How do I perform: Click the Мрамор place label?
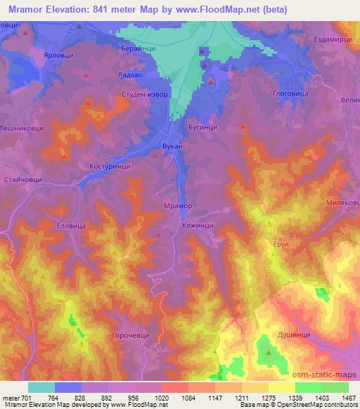(x=177, y=206)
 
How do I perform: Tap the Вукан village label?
(x=172, y=145)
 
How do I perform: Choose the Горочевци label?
(x=131, y=336)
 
